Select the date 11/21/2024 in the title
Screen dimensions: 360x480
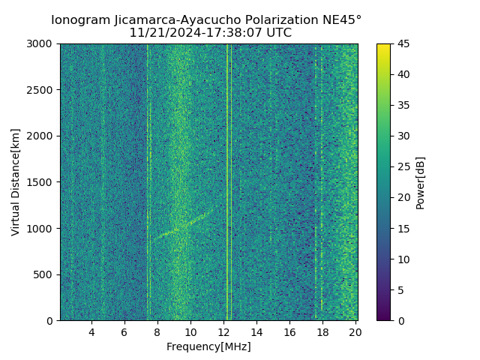160,33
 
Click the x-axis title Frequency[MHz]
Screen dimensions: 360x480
208,346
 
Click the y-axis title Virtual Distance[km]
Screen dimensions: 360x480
16,182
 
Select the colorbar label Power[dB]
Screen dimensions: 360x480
421,182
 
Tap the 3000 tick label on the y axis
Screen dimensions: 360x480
41,44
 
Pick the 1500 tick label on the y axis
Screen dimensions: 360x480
41,182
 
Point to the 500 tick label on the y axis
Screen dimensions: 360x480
44,274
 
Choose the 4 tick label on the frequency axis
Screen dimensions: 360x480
91,332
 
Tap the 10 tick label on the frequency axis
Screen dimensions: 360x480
190,332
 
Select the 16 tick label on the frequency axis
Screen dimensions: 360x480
289,332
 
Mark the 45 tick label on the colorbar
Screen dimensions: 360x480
403,44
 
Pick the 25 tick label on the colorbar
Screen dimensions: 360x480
403,167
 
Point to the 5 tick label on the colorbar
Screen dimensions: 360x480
400,290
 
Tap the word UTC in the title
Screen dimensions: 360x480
279,33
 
